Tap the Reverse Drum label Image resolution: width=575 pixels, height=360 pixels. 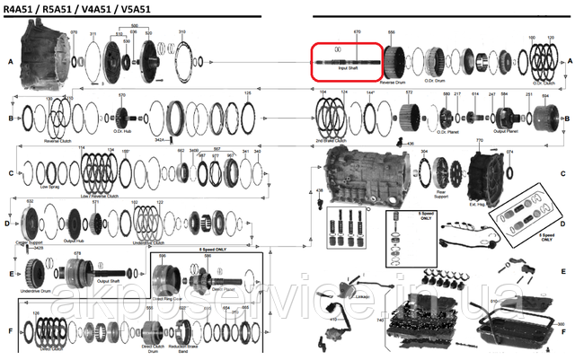click(393, 82)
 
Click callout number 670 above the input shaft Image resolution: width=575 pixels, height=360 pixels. click(357, 31)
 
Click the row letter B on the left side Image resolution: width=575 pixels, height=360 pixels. click(9, 118)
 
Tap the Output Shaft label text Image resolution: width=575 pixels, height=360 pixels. click(109, 280)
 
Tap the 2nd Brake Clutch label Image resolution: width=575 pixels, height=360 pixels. click(336, 141)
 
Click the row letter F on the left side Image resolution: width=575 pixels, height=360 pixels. click(9, 330)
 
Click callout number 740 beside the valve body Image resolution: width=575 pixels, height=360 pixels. click(381, 320)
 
